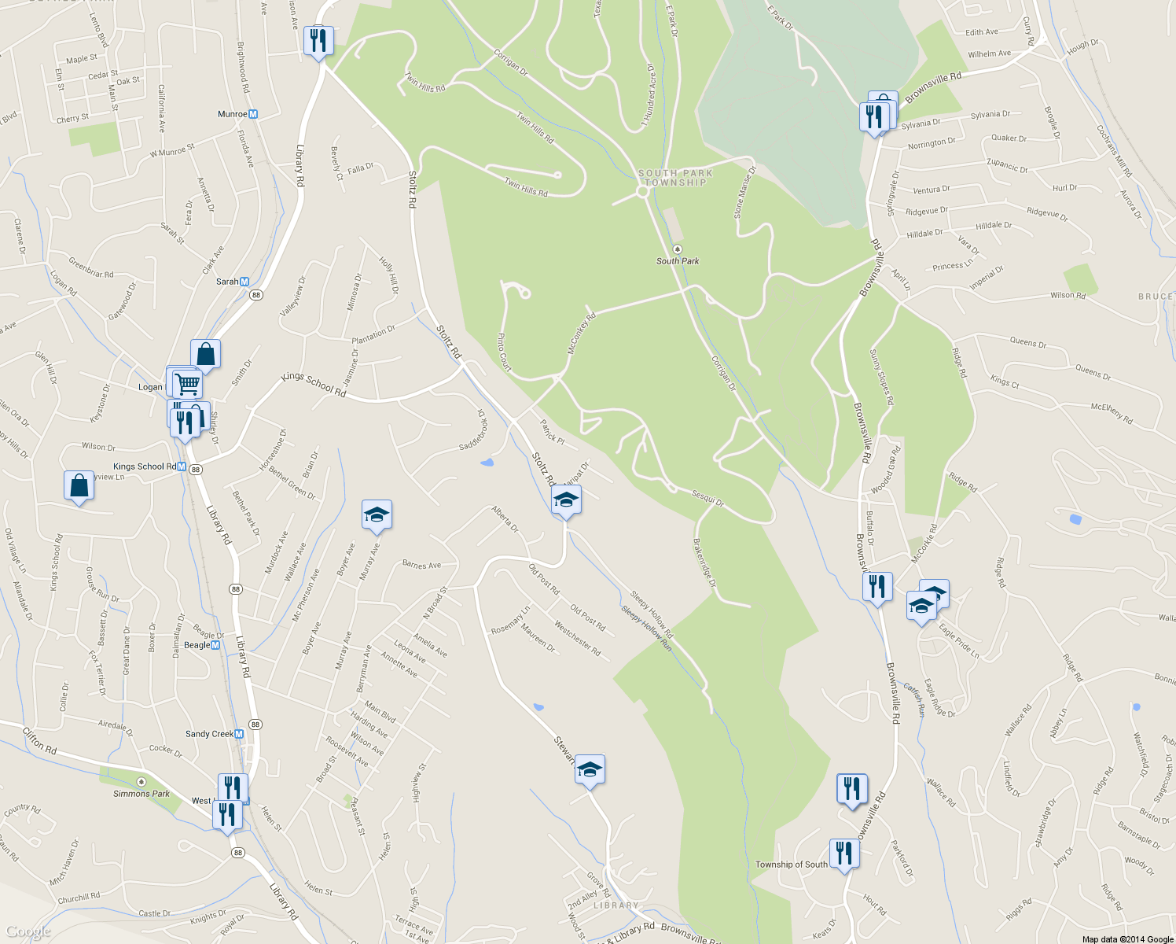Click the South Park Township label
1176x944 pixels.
675,178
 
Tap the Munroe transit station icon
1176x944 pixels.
252,114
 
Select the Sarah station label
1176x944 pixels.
227,282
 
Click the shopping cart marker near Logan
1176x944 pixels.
187,384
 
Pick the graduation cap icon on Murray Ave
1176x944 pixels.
377,514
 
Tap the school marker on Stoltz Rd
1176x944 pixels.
566,500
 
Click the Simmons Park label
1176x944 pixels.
141,793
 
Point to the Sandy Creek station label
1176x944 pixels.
209,734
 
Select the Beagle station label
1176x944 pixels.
197,645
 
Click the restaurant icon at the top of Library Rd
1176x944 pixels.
318,40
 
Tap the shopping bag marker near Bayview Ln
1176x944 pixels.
79,485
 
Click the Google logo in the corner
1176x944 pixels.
28,932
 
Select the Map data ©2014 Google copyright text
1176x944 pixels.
1127,939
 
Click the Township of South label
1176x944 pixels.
791,865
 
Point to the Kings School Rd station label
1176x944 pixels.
145,466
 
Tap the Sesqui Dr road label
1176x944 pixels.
707,498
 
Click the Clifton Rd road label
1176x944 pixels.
39,741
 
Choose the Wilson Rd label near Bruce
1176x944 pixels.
1068,296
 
